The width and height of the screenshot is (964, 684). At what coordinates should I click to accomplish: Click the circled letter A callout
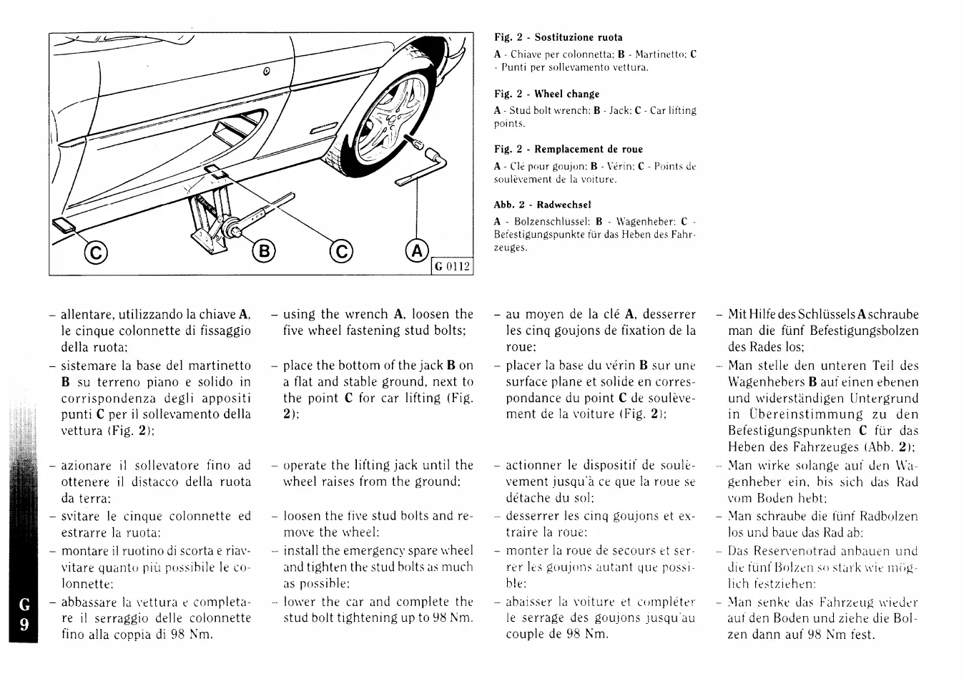click(x=417, y=250)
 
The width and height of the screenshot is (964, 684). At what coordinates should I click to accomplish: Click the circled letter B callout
click(x=264, y=251)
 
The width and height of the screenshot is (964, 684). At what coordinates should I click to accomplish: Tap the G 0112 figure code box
click(x=453, y=266)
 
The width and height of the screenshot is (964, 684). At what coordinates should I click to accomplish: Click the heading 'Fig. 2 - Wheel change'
click(x=547, y=94)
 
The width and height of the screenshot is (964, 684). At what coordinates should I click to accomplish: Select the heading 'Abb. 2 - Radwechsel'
click(x=543, y=205)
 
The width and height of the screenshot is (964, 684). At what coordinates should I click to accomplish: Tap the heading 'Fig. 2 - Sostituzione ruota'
click(x=559, y=37)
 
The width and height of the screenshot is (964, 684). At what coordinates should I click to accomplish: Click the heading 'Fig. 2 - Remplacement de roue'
click(x=569, y=149)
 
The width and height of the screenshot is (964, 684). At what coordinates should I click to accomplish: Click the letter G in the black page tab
click(x=23, y=606)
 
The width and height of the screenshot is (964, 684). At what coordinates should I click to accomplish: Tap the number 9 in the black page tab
click(x=23, y=625)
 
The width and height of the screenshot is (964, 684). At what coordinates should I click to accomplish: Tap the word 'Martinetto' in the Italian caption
click(x=657, y=54)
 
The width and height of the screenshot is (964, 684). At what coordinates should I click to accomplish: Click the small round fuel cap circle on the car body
click(x=265, y=71)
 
